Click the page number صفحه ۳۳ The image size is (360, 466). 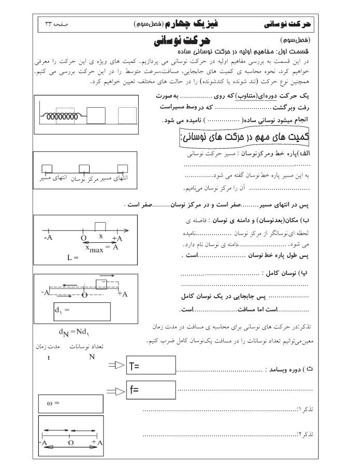point(58,24)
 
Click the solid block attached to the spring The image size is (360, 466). point(95,115)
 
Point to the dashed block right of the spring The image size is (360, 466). point(126,116)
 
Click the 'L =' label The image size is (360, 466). point(72,257)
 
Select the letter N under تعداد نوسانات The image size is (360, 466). point(91,357)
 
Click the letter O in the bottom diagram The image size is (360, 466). point(70,443)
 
